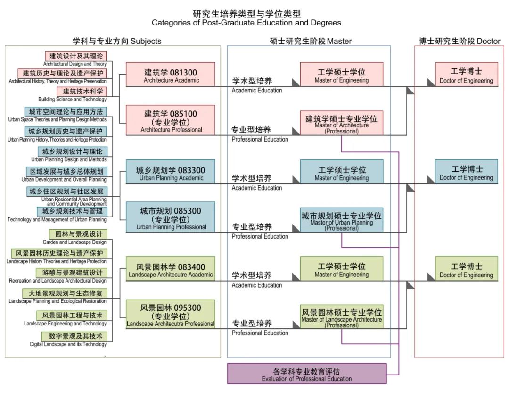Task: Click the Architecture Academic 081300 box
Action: point(171,75)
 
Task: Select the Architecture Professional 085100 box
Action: point(171,121)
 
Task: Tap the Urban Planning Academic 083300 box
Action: point(171,172)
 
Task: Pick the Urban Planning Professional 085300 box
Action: point(171,217)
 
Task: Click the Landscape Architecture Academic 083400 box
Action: point(171,269)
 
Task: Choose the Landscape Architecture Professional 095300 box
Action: point(171,314)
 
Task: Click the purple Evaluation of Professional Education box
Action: point(307,374)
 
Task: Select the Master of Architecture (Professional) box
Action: point(342,123)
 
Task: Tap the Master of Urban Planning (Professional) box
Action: point(342,220)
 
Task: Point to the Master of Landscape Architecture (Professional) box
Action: point(342,317)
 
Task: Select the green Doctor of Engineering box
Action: point(466,269)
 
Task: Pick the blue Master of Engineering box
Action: point(342,172)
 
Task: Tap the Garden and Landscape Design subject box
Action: point(78,234)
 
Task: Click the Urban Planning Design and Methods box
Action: point(73,151)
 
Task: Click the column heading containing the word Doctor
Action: point(460,41)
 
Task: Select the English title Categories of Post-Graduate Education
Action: point(246,23)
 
